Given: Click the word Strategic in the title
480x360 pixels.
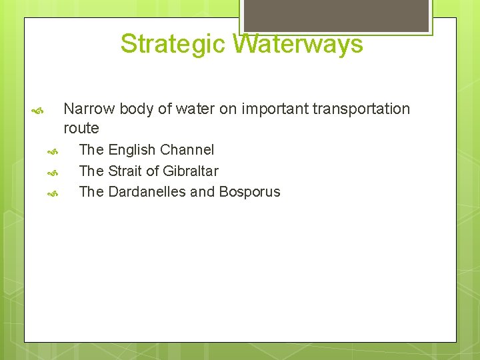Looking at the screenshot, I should [174, 44].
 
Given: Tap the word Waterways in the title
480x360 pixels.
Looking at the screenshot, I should [298, 44].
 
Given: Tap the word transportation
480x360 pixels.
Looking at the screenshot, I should [360, 109].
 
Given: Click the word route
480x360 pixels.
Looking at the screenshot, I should [81, 128].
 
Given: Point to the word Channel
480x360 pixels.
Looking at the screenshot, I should [187, 150].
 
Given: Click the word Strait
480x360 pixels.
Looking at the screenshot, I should [124, 171].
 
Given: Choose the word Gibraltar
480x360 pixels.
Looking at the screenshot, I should [190, 171].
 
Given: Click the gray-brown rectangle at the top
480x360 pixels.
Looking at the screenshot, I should [335, 15].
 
